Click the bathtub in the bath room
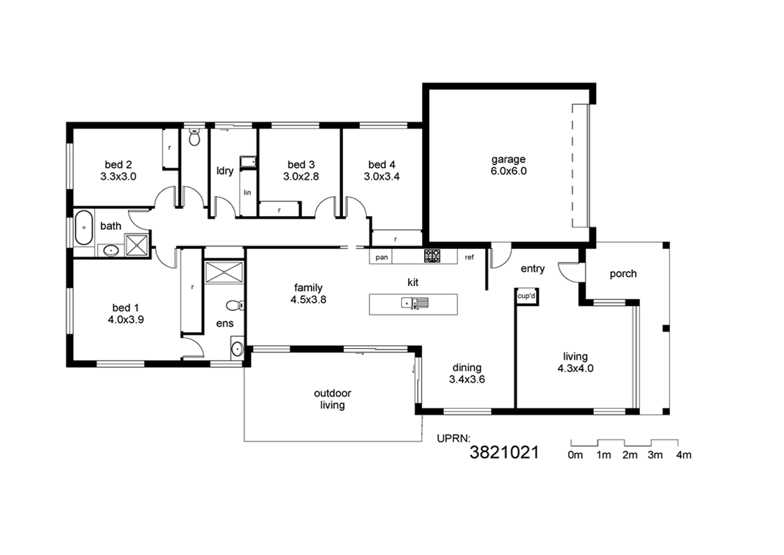[x=84, y=227]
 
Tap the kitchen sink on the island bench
[x=415, y=303]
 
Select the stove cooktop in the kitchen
[x=432, y=256]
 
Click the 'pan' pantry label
[x=382, y=257]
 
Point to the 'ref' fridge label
[x=469, y=257]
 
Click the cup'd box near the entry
[x=526, y=296]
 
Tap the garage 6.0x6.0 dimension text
[x=509, y=171]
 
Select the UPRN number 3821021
[x=504, y=452]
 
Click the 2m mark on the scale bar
[x=630, y=455]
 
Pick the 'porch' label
[x=623, y=273]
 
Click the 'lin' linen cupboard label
[x=247, y=192]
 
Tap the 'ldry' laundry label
[x=225, y=171]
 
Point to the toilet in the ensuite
[x=235, y=305]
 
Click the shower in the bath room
[x=137, y=245]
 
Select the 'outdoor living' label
[x=333, y=399]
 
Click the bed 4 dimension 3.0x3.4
[x=382, y=177]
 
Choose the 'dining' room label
[x=467, y=368]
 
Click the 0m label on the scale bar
[x=575, y=455]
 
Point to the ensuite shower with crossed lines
[x=224, y=273]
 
